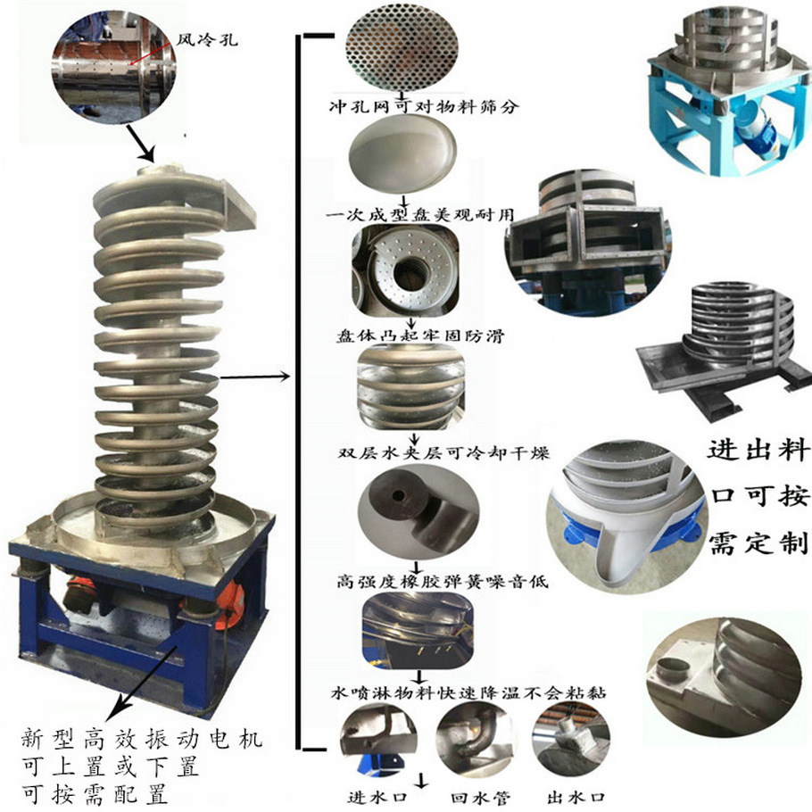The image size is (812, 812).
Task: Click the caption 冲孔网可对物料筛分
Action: click(424, 107)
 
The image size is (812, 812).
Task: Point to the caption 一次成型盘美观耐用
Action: click(420, 214)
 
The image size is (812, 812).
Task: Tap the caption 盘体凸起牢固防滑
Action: click(420, 336)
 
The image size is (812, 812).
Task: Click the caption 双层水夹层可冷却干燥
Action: click(443, 453)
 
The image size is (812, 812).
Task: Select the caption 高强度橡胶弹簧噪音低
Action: click(443, 581)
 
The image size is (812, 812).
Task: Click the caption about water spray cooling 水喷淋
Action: click(468, 693)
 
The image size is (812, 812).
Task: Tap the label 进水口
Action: click(377, 798)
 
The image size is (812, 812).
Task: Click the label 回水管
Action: click(480, 798)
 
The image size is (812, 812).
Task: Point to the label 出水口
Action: click(576, 798)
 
